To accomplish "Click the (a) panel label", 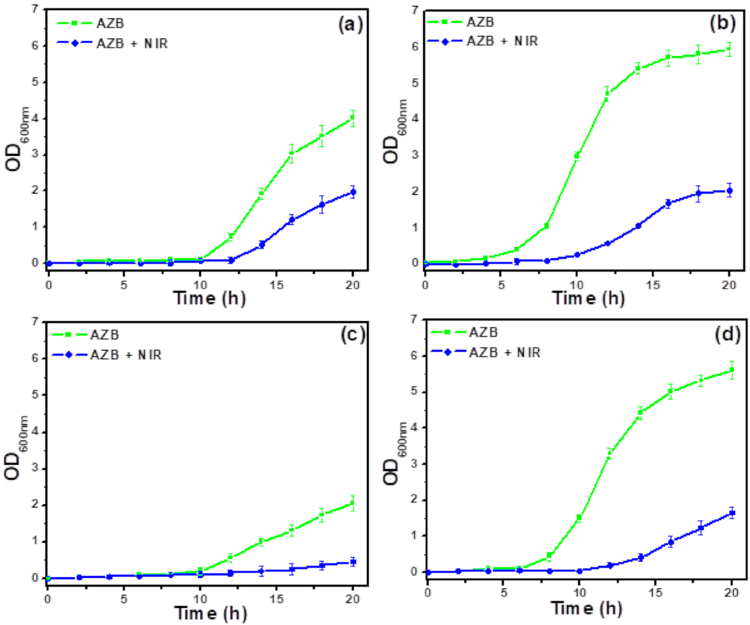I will click(351, 24).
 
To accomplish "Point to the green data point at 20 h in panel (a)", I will click(353, 117).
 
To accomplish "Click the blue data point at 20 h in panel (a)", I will click(353, 192).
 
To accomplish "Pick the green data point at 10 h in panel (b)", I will click(577, 155).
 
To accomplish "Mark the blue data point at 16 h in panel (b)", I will click(668, 203).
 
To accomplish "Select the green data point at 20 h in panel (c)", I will click(353, 503).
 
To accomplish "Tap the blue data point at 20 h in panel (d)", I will click(732, 513).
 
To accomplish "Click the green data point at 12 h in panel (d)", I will click(609, 453).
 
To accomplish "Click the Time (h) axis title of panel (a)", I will click(209, 298).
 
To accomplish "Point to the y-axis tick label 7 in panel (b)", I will click(415, 10).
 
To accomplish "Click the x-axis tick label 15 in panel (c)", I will click(276, 599).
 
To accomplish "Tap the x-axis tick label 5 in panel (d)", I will click(504, 593).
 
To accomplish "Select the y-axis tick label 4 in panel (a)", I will click(35, 118).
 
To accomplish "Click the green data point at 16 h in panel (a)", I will click(292, 154).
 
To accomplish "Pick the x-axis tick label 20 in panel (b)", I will click(729, 285).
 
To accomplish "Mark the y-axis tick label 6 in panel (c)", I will click(35, 358).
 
